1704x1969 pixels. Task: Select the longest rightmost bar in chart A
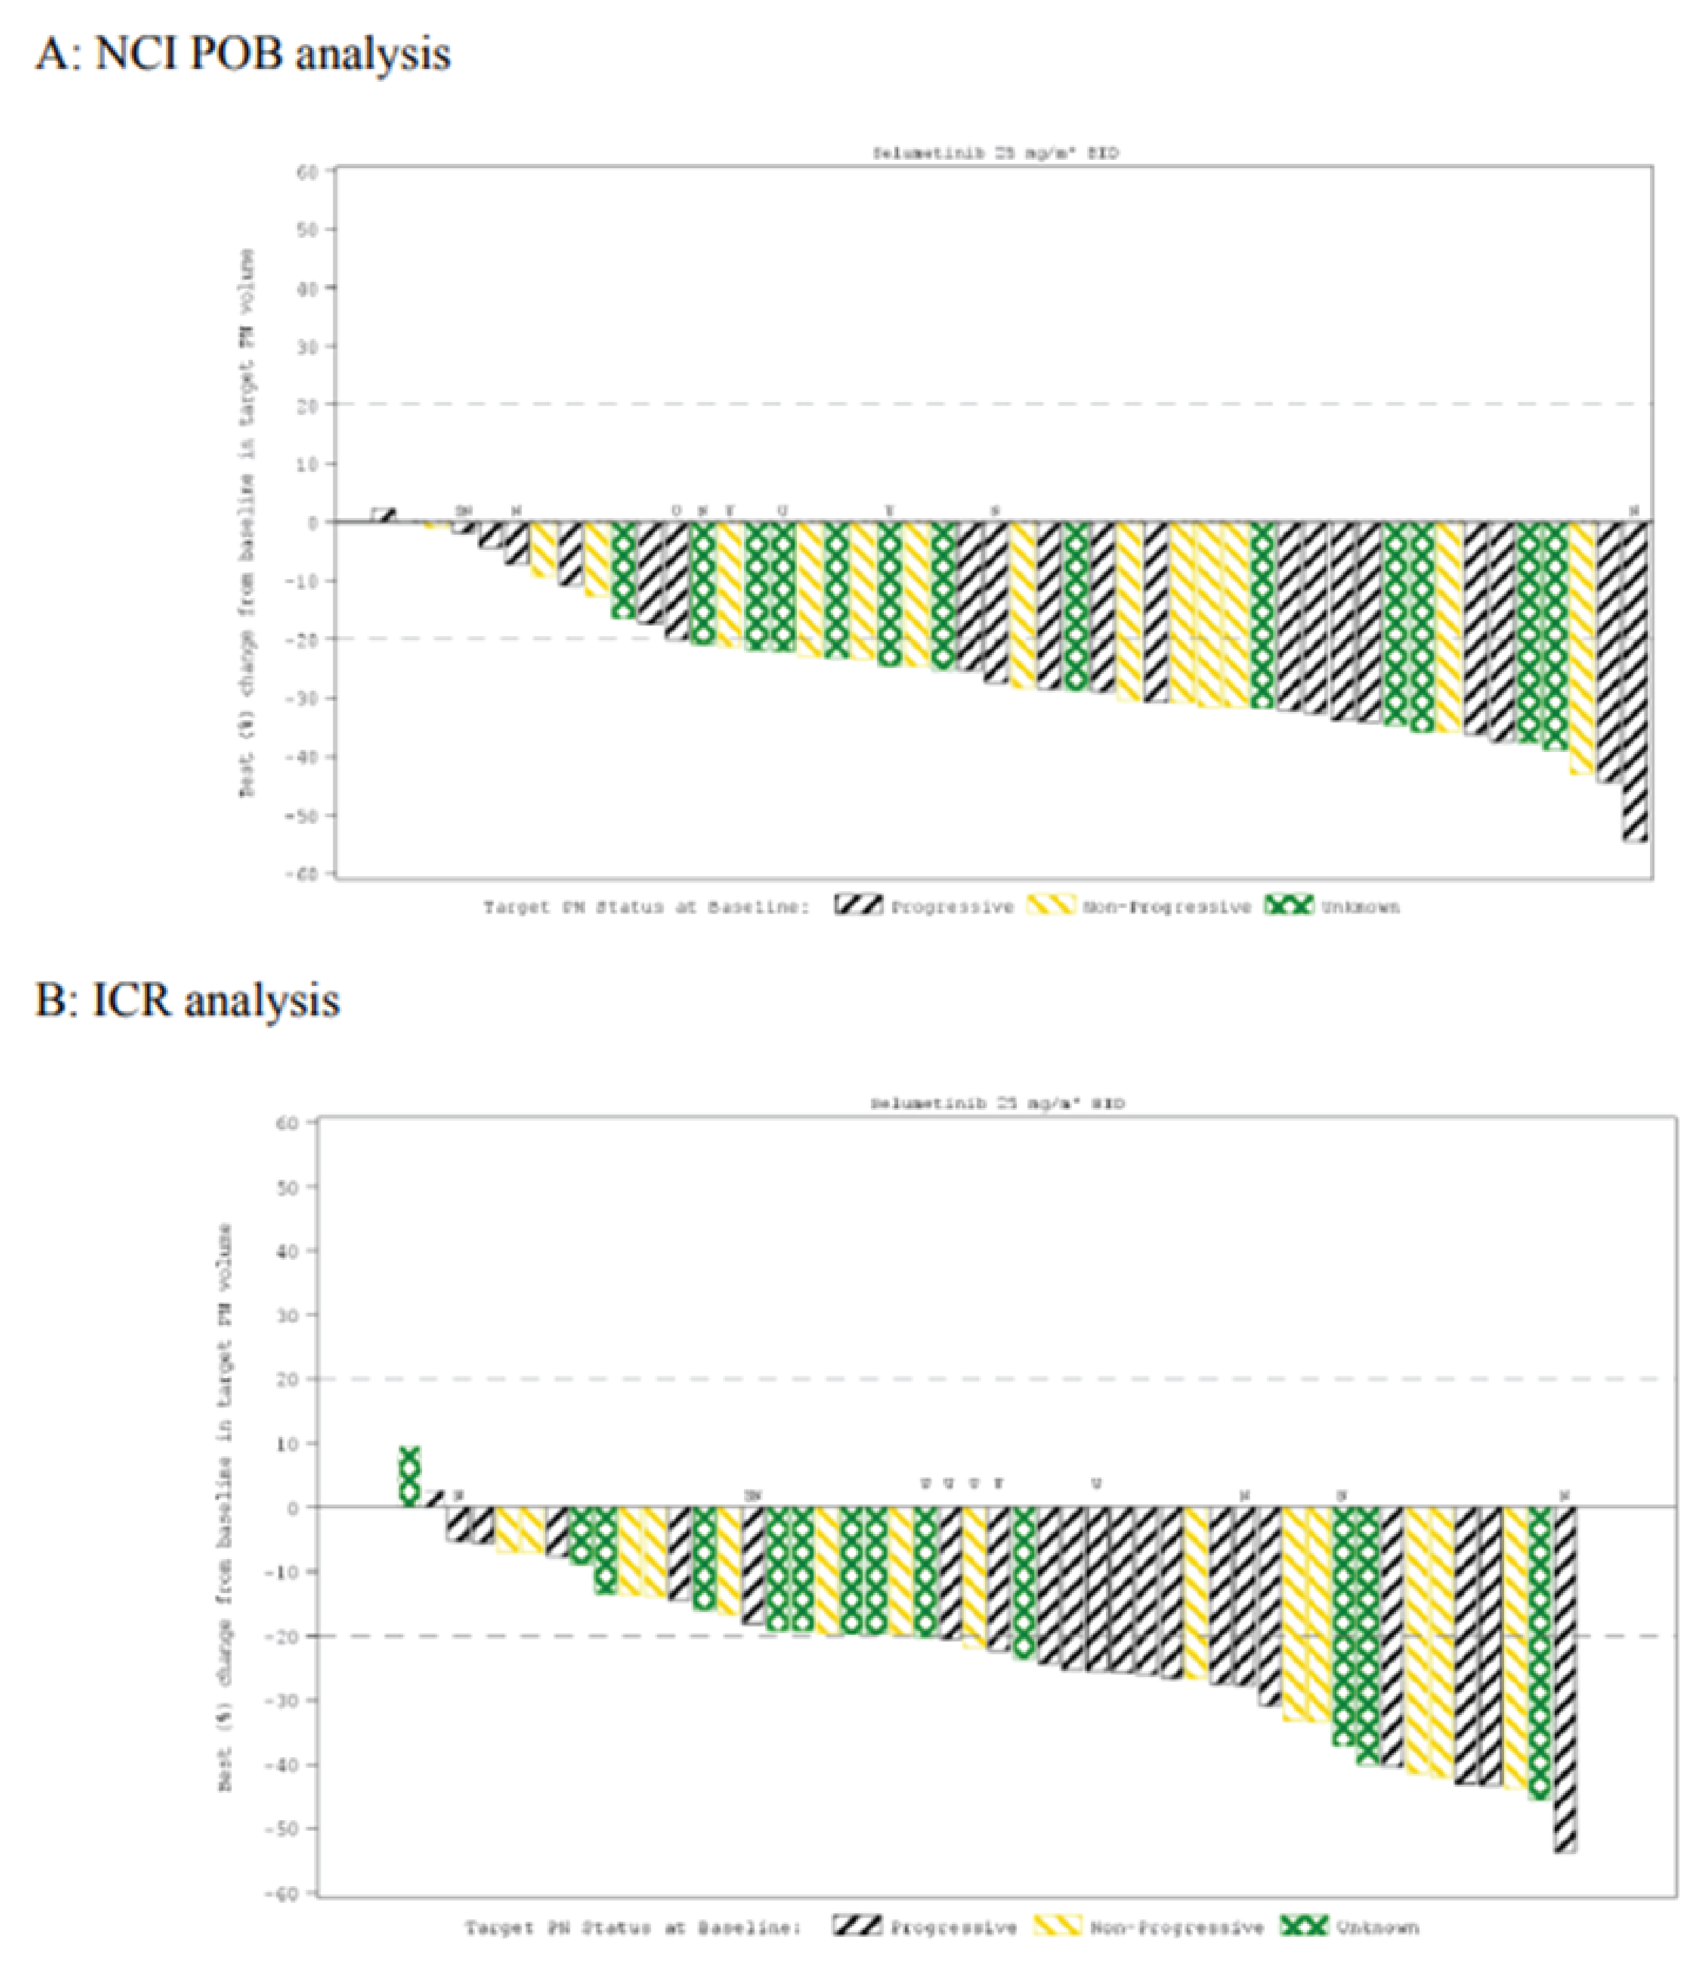tap(1634, 680)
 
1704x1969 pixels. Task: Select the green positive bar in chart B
tap(409, 1476)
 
